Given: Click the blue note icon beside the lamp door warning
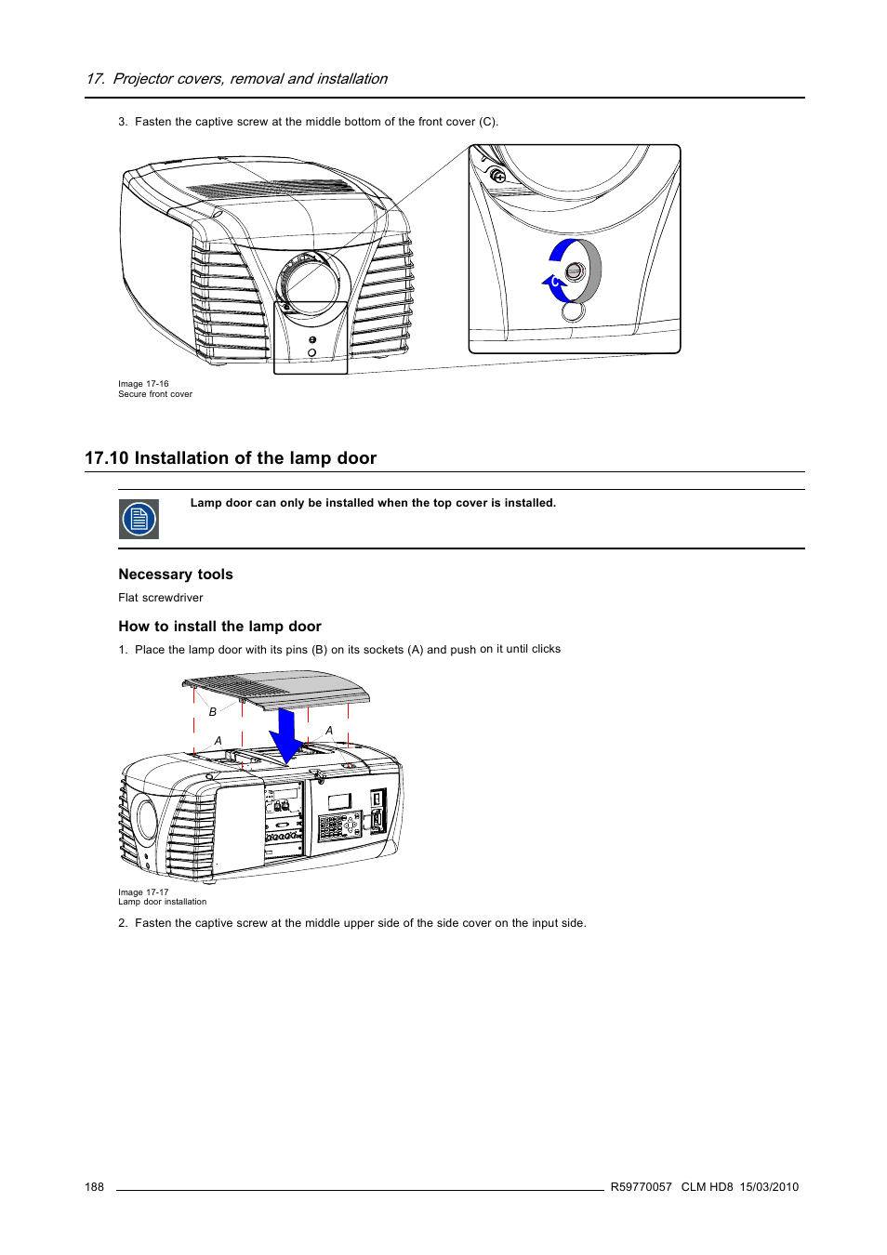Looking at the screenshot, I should [x=139, y=519].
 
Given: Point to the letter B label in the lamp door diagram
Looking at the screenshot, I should [x=213, y=712].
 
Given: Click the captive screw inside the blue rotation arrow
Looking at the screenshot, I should [x=575, y=271].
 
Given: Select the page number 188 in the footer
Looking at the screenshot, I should [x=94, y=1187].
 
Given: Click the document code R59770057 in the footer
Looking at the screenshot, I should [x=641, y=1187].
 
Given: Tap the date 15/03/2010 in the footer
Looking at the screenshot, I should [x=769, y=1187].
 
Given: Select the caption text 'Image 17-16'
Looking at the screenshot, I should [x=143, y=384].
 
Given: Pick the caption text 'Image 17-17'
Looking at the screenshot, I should [x=143, y=892].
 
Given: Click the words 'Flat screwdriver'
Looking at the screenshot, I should [x=160, y=598].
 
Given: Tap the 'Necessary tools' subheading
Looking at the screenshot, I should [x=176, y=575].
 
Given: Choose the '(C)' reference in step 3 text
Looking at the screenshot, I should [x=487, y=122].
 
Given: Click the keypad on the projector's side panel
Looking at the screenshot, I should [x=338, y=826].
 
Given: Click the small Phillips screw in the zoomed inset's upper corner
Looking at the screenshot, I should [x=497, y=176].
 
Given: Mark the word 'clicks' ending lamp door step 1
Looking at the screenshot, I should [x=546, y=649].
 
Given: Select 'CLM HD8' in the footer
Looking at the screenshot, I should [x=707, y=1187].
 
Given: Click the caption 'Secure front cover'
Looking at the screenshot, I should [x=155, y=394].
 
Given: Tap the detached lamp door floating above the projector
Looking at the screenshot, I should [x=279, y=690].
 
